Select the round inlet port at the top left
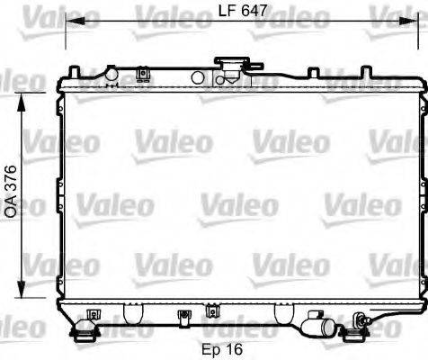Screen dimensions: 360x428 point(110,72)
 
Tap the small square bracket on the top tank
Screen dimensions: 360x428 point(141,74)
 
